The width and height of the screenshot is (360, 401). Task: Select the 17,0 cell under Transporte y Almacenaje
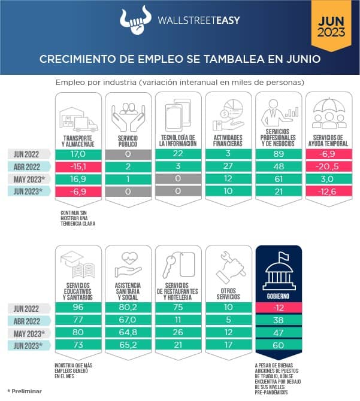click(78, 154)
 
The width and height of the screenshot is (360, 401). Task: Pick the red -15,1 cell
click(78, 167)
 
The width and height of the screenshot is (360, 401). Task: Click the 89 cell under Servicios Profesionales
click(278, 154)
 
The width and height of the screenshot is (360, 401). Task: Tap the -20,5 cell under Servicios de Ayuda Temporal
click(328, 167)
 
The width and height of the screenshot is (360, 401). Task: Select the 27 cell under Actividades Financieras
click(228, 167)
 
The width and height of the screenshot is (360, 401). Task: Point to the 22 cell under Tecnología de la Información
click(178, 154)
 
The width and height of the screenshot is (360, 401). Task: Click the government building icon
click(278, 268)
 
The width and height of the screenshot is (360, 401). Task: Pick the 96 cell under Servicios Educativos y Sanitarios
click(78, 308)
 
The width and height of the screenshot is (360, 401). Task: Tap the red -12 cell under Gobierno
click(278, 308)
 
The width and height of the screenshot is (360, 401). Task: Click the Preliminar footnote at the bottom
click(25, 391)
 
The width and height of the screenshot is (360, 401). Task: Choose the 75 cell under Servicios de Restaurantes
click(178, 308)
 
